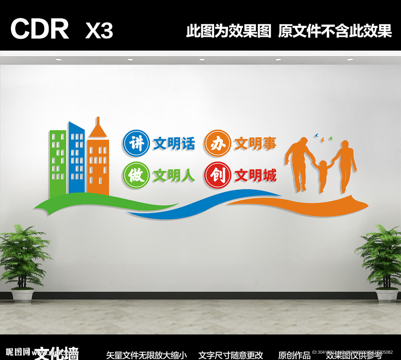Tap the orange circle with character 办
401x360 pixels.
(216, 143)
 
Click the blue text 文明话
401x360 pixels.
(173, 144)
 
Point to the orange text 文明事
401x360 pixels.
(255, 144)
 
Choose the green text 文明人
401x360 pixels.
(173, 176)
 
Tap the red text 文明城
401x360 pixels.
(255, 176)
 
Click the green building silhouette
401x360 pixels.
(58, 162)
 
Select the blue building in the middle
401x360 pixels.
(77, 159)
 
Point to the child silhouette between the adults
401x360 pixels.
(323, 175)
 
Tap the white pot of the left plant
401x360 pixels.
(22, 295)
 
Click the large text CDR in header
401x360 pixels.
(40, 29)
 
